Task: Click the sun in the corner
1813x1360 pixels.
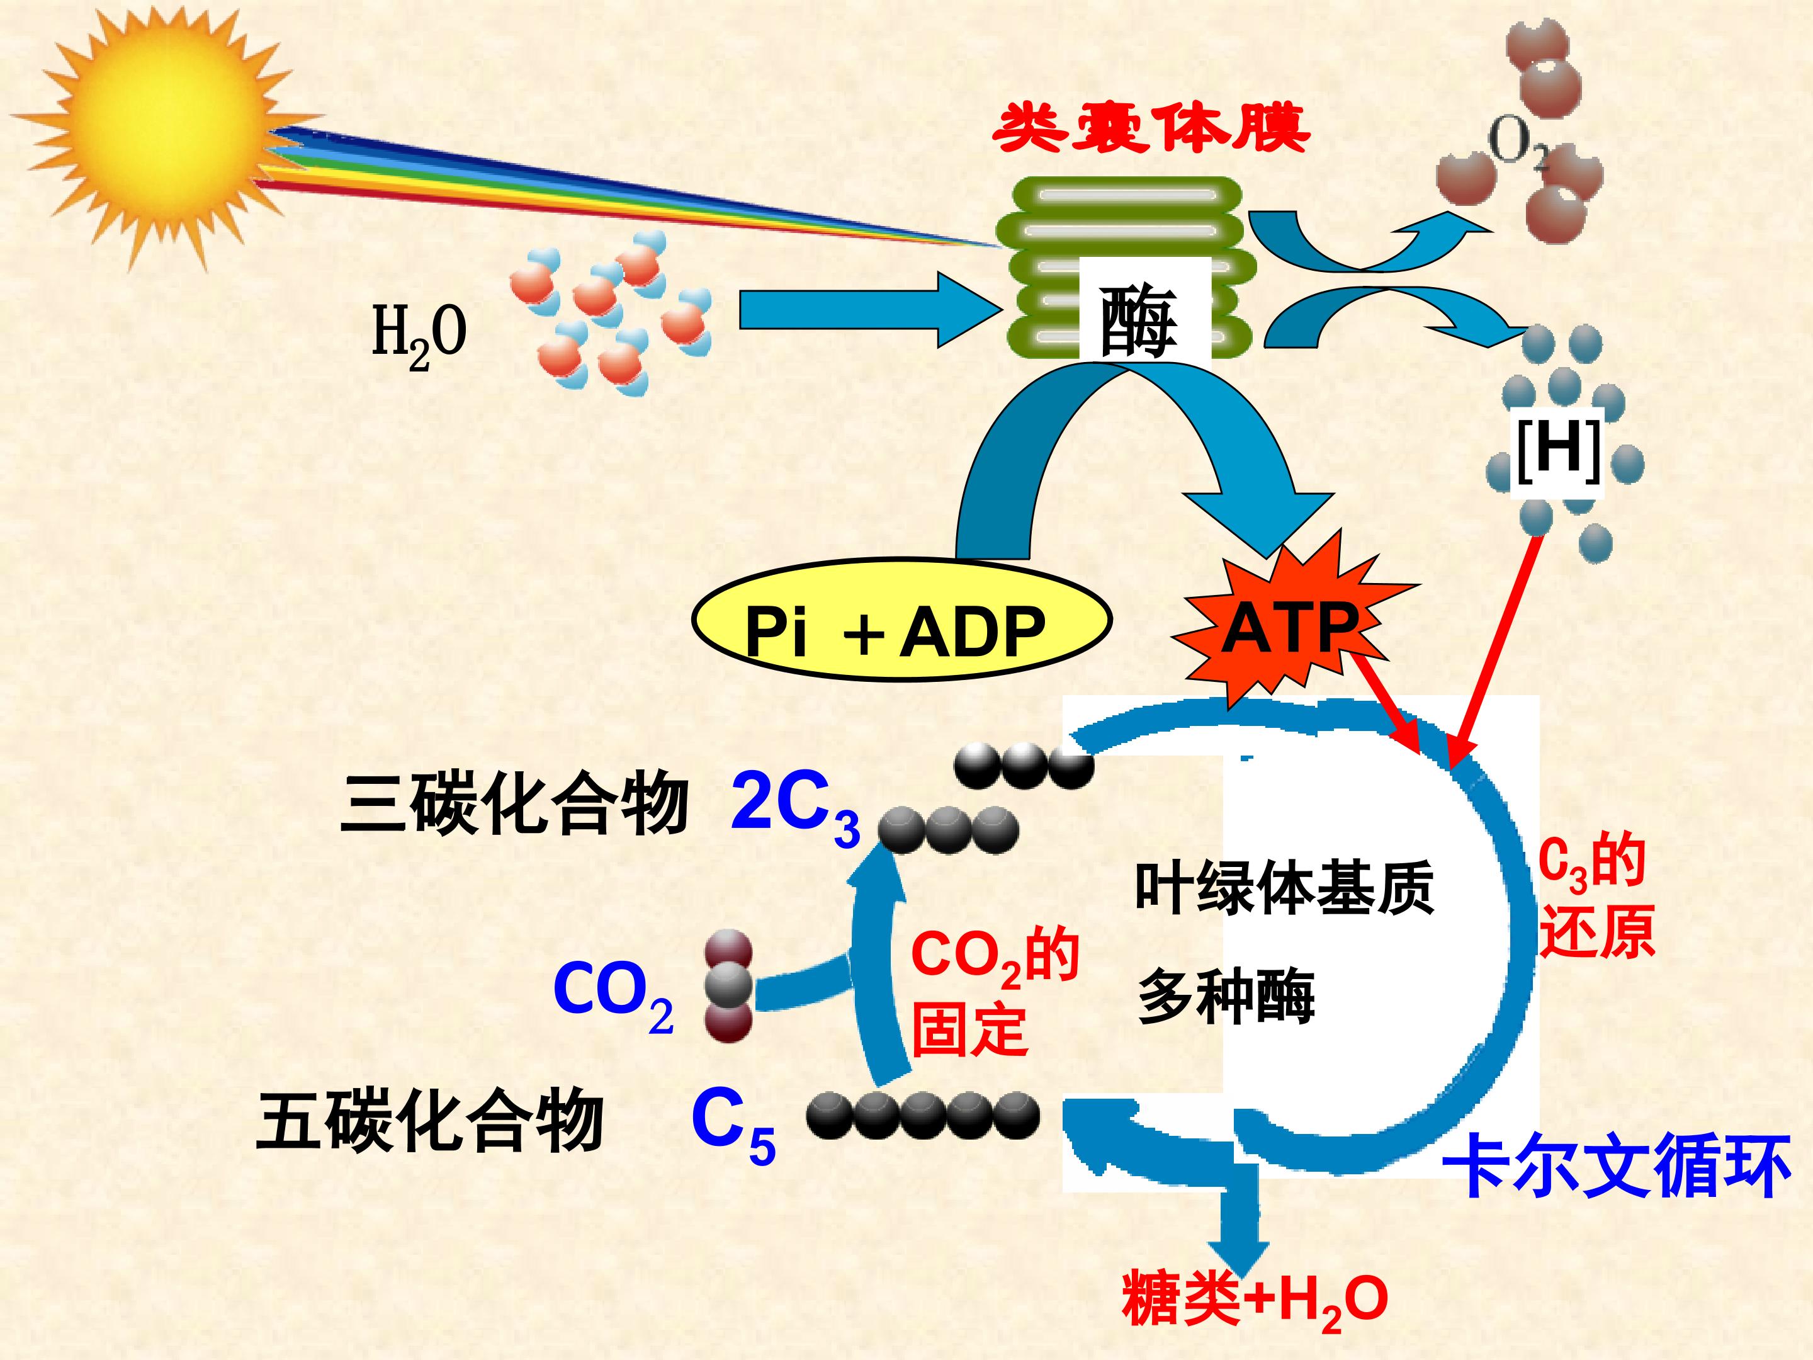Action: [168, 131]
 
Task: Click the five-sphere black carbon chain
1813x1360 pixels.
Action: [923, 1116]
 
